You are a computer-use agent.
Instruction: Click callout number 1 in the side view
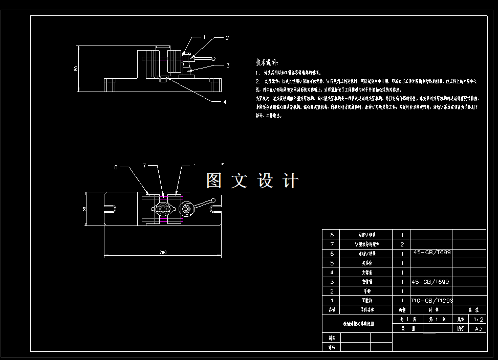point(204,37)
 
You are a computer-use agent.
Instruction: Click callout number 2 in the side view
point(227,38)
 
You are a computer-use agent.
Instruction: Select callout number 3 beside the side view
point(228,65)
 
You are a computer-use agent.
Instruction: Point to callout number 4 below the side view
point(224,102)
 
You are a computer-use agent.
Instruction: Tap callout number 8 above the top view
point(116,167)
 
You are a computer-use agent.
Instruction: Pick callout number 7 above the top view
point(144,166)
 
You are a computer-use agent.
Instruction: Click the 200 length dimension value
point(163,253)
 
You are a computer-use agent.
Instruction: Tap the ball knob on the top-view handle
point(213,201)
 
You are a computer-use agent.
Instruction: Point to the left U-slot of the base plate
point(109,209)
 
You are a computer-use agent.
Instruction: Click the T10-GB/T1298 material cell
point(432,301)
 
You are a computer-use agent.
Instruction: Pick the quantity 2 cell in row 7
point(402,244)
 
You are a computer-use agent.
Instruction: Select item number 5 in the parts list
point(332,263)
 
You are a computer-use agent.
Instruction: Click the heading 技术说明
point(267,63)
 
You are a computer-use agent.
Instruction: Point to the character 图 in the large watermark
point(213,181)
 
